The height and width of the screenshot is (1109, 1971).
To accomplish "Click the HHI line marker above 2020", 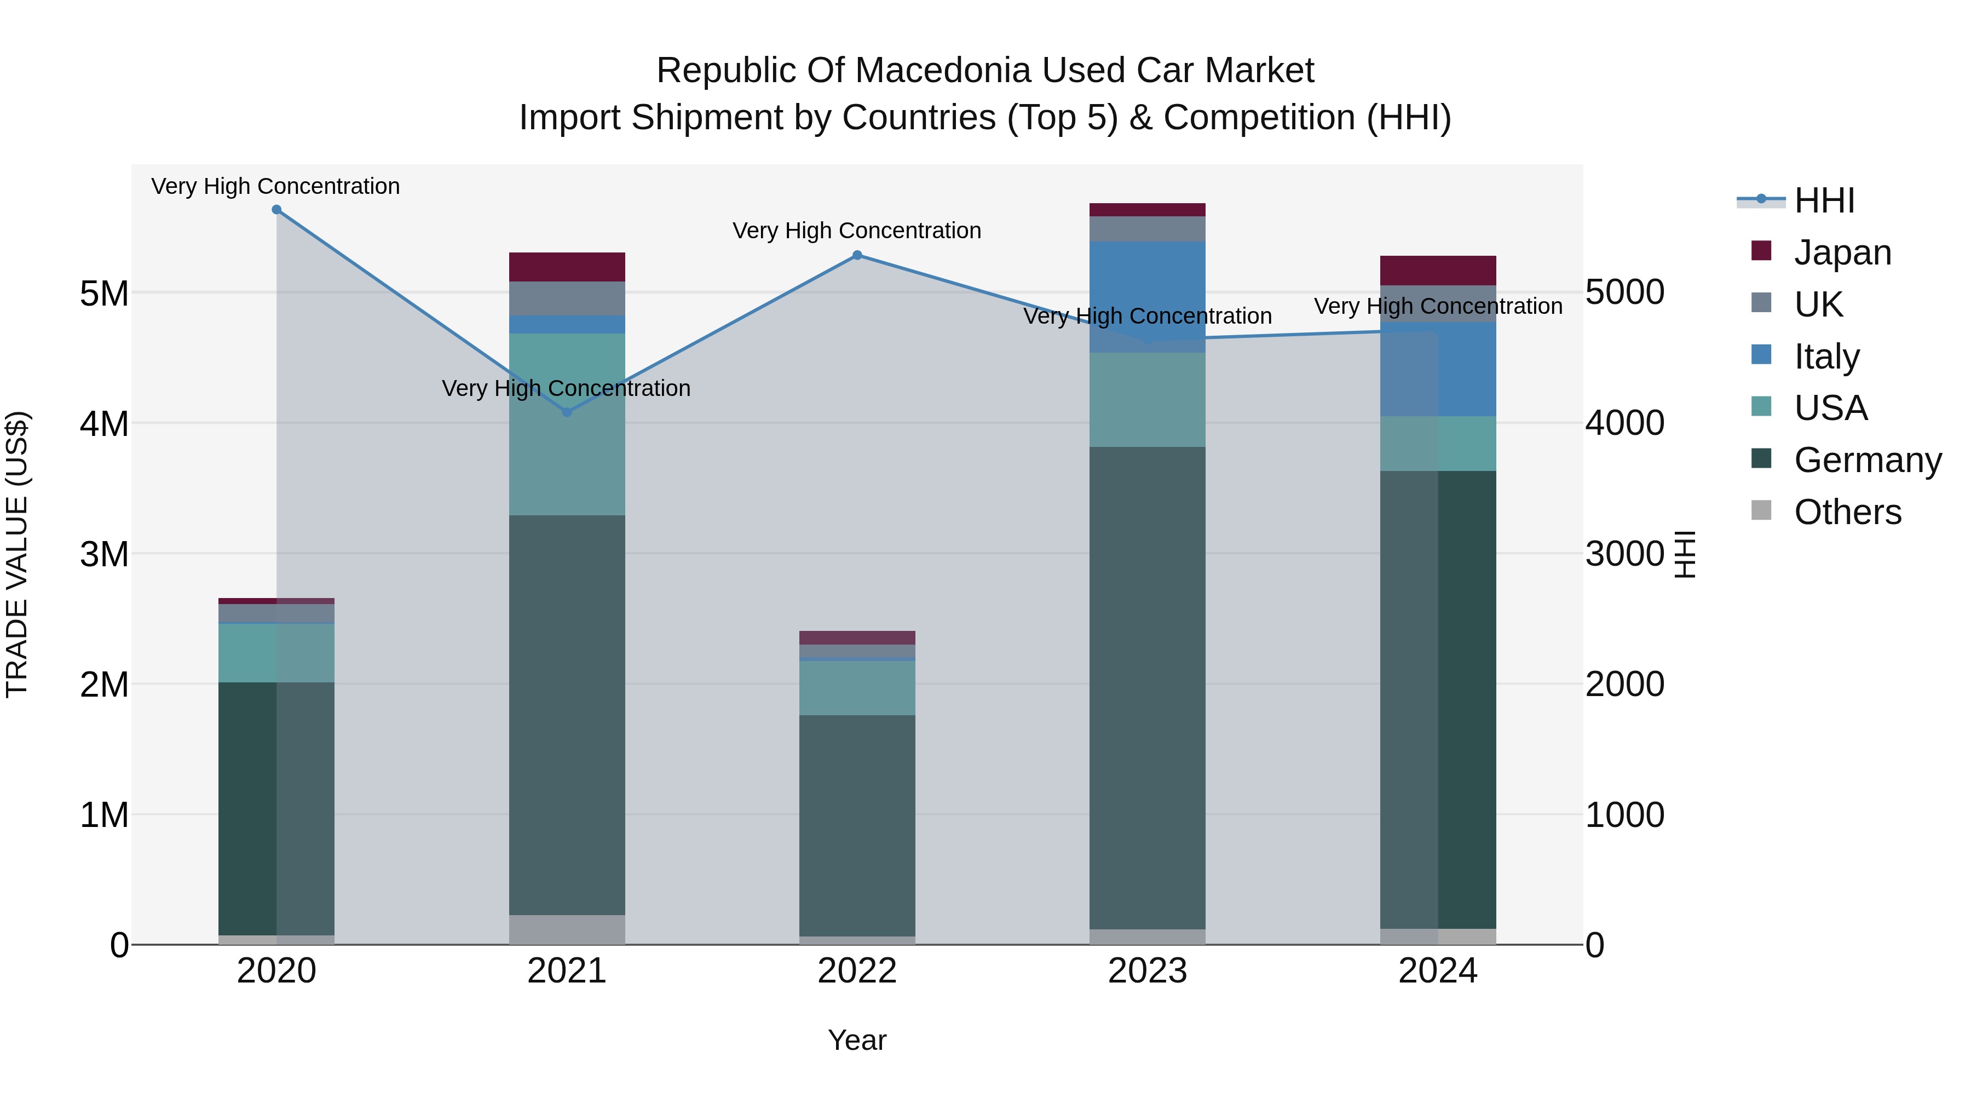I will [276, 210].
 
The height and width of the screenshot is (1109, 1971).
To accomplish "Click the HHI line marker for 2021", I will [567, 412].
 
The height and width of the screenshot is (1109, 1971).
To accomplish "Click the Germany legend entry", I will [1867, 460].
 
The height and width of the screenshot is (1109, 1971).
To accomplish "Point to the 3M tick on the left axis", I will [104, 553].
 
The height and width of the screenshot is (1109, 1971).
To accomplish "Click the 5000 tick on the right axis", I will [1624, 292].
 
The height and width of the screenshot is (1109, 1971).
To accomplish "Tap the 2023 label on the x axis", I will [1147, 971].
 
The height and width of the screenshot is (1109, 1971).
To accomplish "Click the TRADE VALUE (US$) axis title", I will [17, 553].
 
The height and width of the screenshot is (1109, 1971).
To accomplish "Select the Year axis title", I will [857, 1040].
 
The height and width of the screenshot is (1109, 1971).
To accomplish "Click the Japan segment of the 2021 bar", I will [567, 267].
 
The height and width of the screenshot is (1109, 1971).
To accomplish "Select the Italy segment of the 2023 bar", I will [1147, 297].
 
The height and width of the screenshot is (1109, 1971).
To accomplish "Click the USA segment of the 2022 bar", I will [857, 687].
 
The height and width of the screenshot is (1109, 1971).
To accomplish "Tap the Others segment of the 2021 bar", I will [567, 929].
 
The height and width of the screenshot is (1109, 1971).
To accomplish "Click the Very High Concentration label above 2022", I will [856, 231].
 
